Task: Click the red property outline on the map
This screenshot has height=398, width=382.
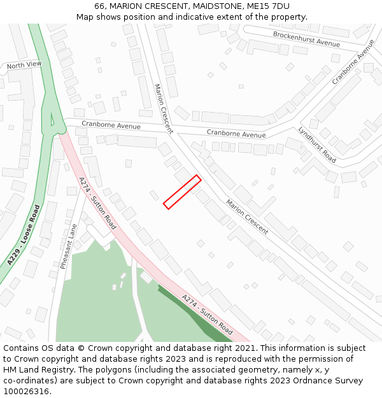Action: click(182, 192)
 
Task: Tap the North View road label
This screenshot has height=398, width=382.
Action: click(24, 65)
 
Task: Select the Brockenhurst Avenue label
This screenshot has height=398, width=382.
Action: click(306, 39)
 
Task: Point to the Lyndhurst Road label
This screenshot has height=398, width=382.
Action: click(316, 145)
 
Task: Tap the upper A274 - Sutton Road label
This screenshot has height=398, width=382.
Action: click(97, 203)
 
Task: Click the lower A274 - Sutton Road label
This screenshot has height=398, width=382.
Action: click(207, 315)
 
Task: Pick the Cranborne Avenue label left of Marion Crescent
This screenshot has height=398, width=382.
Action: click(111, 125)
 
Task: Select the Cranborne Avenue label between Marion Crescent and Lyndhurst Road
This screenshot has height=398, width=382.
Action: click(236, 134)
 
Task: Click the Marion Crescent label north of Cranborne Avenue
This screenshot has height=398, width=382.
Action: click(163, 108)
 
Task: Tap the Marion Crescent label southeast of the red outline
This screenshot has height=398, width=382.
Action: click(247, 217)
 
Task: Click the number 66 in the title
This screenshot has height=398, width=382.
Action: click(99, 6)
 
